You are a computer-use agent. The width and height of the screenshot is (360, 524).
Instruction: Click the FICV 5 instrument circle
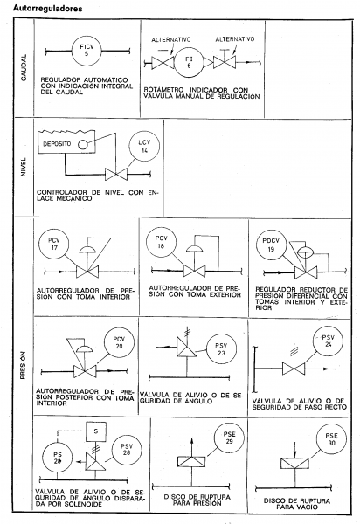pos(87,52)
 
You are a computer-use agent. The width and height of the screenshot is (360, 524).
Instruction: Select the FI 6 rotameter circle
pos(189,62)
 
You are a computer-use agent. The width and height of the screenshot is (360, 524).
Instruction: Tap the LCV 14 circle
pos(144,147)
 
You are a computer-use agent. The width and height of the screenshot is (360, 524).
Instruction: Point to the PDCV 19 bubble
pos(271,245)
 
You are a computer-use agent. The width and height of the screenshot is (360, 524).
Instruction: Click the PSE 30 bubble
pos(331,439)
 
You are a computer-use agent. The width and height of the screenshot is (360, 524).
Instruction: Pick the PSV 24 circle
pos(329,341)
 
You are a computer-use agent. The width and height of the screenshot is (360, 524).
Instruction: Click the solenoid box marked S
pos(96,431)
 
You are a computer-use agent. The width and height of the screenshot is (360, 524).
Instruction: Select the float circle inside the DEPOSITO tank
pos(82,144)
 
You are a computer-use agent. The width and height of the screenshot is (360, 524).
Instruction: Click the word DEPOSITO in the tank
pos(57,144)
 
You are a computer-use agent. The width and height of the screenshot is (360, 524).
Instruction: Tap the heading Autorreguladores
pos(47,9)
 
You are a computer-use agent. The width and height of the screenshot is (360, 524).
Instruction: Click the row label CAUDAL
pos(24,67)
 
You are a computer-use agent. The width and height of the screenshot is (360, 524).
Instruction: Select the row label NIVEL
pos(24,167)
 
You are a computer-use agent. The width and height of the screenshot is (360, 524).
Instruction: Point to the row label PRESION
pos(23,365)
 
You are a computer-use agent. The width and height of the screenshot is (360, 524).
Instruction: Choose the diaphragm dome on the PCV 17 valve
pos(87,249)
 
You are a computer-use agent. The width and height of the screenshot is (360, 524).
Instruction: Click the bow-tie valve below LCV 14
pos(116,174)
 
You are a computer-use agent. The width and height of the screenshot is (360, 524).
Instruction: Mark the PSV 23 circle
pos(221,349)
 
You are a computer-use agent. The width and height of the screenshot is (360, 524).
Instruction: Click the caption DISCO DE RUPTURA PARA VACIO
pos(297,504)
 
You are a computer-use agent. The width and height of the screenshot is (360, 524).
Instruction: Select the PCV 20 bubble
pos(119,342)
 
